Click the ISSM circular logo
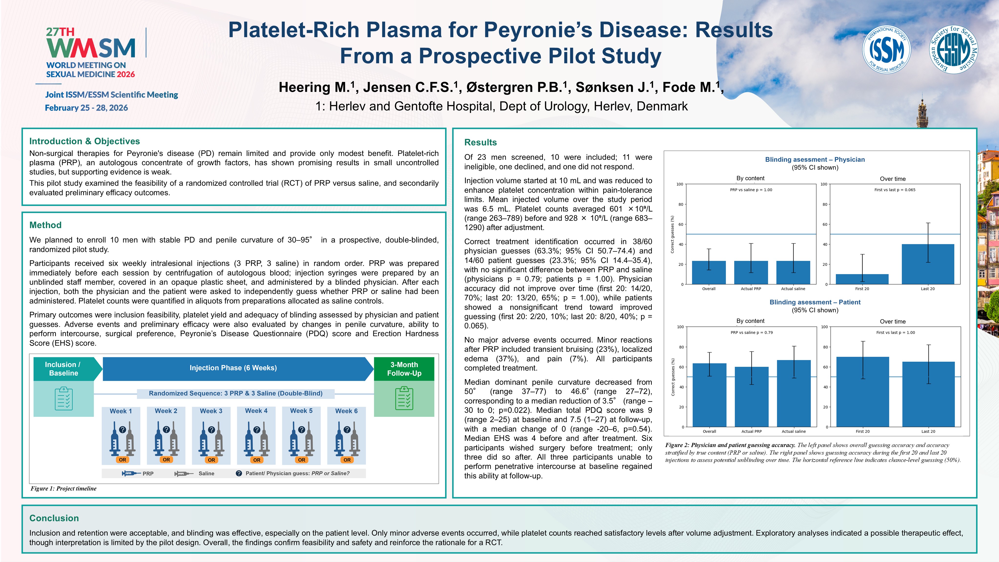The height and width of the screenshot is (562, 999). click(x=886, y=50)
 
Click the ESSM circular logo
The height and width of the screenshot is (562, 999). click(x=954, y=50)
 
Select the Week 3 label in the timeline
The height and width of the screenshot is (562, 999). click(x=211, y=411)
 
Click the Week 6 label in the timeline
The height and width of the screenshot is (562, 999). click(x=346, y=411)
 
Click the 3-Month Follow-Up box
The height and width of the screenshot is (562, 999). click(x=404, y=369)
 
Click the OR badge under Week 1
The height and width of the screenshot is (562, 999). click(x=122, y=460)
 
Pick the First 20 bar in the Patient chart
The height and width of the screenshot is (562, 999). click(x=863, y=392)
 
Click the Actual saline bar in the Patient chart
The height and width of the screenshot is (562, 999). click(x=794, y=393)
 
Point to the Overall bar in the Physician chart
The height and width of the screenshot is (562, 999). click(x=709, y=273)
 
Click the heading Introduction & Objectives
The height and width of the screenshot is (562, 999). click(x=84, y=141)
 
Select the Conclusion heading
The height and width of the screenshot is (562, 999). click(x=54, y=518)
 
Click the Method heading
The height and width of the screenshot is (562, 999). click(x=45, y=225)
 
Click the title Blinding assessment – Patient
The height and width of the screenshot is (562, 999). click(x=815, y=302)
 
